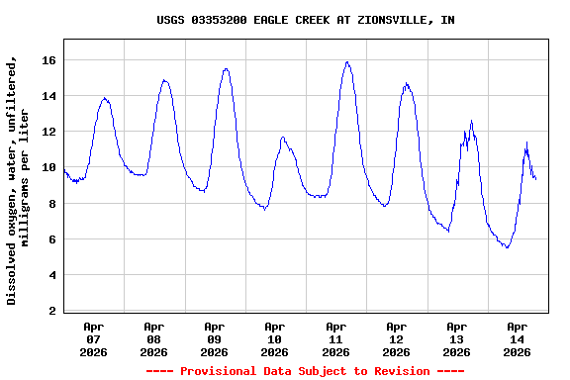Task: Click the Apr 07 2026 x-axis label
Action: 93,338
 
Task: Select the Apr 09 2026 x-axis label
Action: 214,338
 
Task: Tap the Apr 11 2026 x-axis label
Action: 335,338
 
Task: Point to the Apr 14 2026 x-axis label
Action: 517,338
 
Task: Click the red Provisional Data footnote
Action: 305,371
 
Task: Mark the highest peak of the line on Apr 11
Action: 347,62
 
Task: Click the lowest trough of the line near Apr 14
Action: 507,247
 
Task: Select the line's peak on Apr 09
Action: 226,68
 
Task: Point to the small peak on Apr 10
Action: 283,138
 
